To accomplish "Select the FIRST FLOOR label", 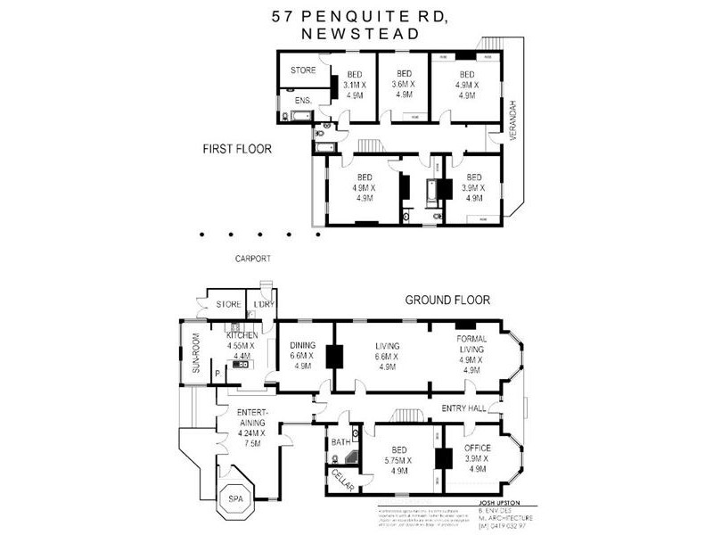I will pos(236,149).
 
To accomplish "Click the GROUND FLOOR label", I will pos(442,300).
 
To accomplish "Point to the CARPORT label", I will pos(252,259).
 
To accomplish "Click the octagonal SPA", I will pos(235,499).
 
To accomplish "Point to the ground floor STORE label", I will pos(228,305).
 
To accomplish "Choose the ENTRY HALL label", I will pos(463,408).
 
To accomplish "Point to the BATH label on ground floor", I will pos(339,441).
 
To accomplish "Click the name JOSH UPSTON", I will pos(504,502).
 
